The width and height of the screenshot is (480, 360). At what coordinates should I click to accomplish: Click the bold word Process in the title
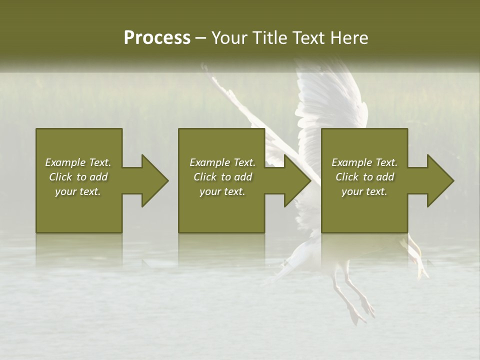click(157, 38)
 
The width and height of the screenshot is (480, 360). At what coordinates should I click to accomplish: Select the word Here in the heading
click(349, 38)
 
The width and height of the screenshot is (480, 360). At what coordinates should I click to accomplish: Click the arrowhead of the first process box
click(152, 180)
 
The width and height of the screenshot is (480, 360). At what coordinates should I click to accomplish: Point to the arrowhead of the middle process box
click(295, 180)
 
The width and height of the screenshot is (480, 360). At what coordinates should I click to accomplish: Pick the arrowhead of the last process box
click(438, 180)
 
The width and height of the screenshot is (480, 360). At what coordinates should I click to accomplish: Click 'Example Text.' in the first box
click(78, 162)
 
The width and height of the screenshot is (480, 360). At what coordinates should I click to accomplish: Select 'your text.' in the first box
click(78, 191)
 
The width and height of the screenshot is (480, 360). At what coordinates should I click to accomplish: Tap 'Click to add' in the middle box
click(222, 177)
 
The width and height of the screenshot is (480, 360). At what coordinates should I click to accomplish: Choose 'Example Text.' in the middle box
click(222, 162)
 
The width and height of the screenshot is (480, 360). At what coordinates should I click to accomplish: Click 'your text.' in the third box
click(364, 191)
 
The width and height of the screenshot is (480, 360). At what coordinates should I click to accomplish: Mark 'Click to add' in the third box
click(364, 177)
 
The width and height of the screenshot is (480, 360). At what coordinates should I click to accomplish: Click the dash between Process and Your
click(200, 38)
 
